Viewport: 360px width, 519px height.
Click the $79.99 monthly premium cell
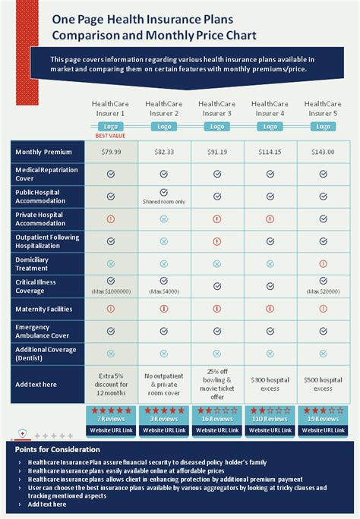click(111, 152)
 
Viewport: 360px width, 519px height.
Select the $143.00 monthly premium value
click(323, 152)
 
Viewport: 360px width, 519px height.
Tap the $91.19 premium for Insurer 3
click(217, 152)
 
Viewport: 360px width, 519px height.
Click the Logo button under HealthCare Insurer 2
click(164, 127)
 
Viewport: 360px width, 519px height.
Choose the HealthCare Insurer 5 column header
click(323, 108)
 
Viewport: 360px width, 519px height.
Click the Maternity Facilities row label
click(44, 309)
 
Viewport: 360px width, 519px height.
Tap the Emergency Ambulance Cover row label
click(43, 331)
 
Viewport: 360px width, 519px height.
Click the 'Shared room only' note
click(164, 202)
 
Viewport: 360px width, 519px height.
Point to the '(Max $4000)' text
click(164, 291)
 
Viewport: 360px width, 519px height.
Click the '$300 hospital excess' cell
click(270, 384)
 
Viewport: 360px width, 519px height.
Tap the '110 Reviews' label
click(270, 418)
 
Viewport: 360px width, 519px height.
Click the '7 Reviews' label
click(111, 418)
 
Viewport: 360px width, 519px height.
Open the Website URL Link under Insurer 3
click(217, 430)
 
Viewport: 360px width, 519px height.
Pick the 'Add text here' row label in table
click(36, 385)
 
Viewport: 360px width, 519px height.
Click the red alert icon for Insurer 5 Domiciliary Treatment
click(323, 263)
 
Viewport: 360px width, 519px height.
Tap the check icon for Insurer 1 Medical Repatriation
click(111, 174)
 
